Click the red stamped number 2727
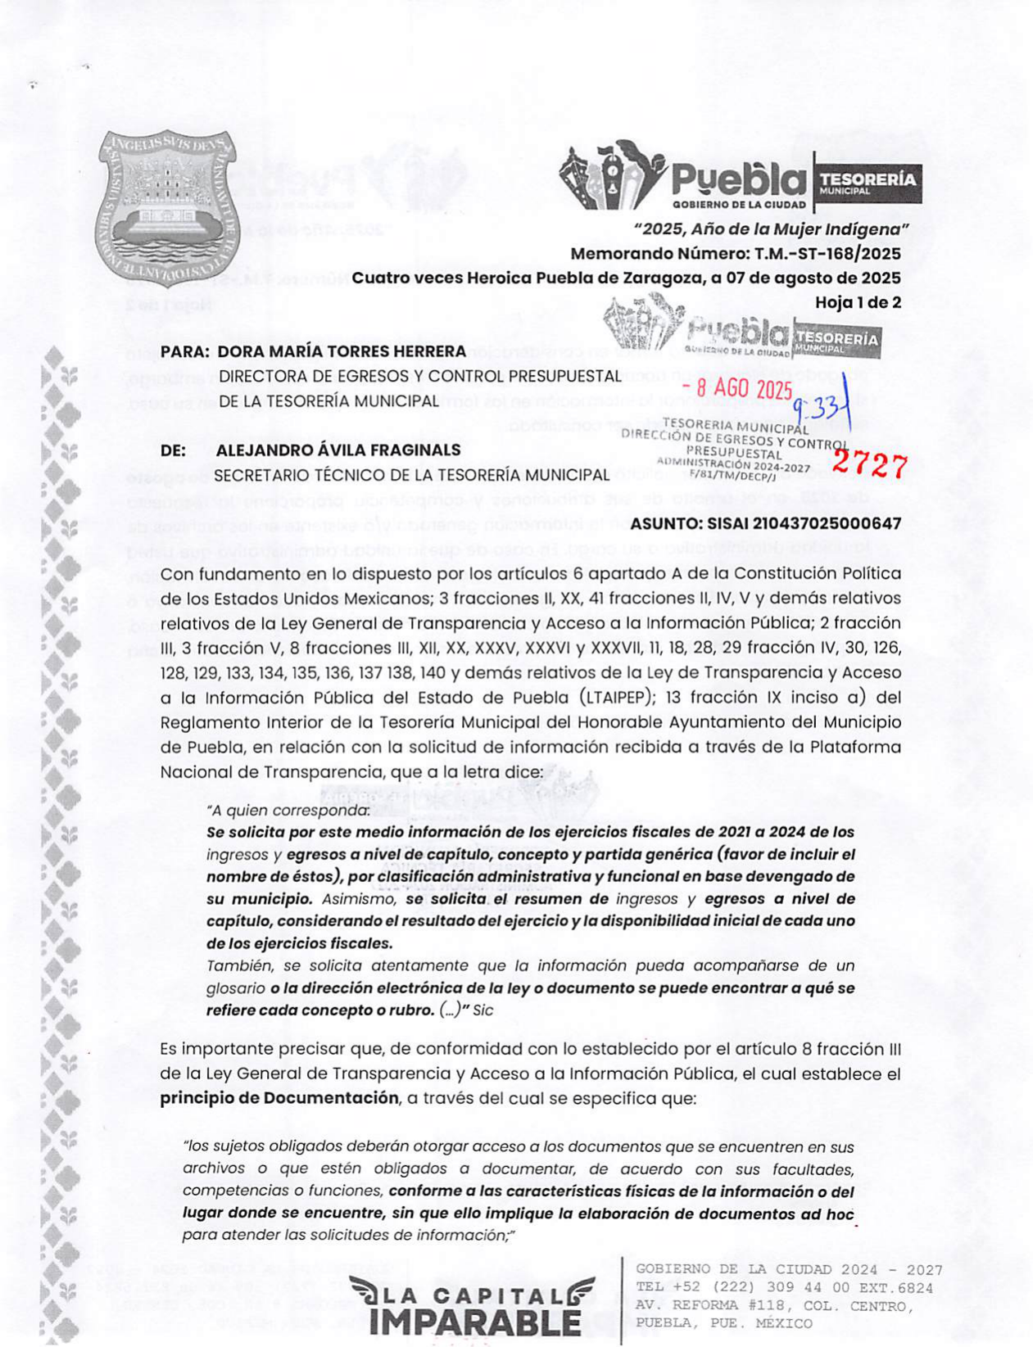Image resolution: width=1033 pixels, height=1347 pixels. [x=869, y=465]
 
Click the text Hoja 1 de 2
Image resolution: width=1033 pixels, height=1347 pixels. [x=858, y=302]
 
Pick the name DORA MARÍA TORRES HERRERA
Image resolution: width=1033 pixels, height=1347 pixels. [x=342, y=351]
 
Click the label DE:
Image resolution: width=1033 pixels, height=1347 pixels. [x=173, y=450]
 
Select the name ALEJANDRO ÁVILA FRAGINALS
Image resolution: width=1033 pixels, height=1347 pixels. [x=338, y=450]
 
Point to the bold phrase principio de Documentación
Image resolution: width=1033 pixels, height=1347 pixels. [x=279, y=1098]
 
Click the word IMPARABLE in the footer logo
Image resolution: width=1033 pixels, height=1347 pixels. [x=475, y=1321]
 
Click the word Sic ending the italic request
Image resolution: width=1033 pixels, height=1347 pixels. [x=483, y=1010]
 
